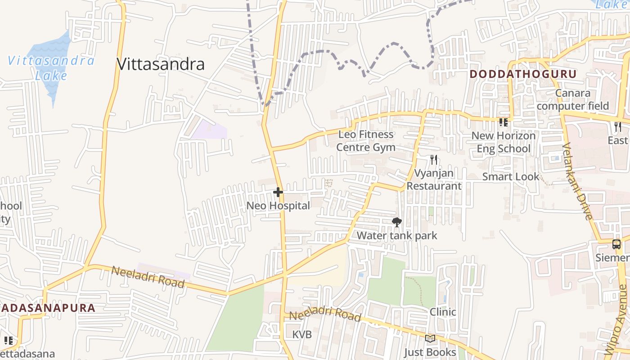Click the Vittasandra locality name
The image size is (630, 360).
[x=161, y=64]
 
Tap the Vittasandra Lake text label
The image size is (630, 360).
[x=51, y=67]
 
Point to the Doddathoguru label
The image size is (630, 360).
[x=523, y=74]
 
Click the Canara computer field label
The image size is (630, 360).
[x=572, y=99]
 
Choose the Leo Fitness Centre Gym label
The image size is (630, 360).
[x=366, y=141]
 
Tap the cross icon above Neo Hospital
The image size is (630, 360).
[x=278, y=193]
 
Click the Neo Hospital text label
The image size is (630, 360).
[x=278, y=206]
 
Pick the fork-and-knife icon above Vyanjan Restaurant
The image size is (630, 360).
[x=434, y=160]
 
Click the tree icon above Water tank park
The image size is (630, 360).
[x=396, y=222]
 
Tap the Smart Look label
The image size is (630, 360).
[x=510, y=177]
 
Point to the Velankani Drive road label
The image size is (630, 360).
[x=577, y=181]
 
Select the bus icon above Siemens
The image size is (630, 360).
[x=616, y=244]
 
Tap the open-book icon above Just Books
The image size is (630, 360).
[x=430, y=338]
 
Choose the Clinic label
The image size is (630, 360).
[x=443, y=312]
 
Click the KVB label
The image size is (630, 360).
[x=301, y=335]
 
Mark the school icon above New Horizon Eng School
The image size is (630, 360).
[x=503, y=122]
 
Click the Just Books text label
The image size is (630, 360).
[x=430, y=352]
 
